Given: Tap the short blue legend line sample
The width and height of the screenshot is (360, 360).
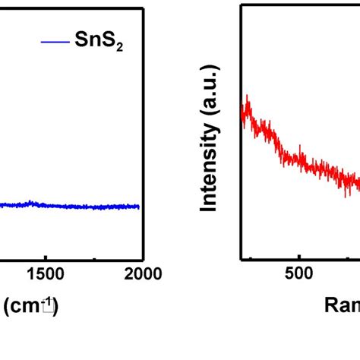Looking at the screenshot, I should click(x=55, y=42).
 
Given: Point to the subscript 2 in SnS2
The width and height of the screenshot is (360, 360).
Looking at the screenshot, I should click(x=118, y=47).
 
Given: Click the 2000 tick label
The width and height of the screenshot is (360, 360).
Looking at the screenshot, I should click(x=142, y=274).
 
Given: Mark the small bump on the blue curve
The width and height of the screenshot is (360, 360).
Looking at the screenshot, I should click(x=30, y=203).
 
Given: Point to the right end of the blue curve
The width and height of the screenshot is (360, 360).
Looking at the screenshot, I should click(x=140, y=206).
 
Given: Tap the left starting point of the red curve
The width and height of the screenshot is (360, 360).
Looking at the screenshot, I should click(x=242, y=114).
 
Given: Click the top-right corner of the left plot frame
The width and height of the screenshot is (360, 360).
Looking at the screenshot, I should click(x=143, y=8).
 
